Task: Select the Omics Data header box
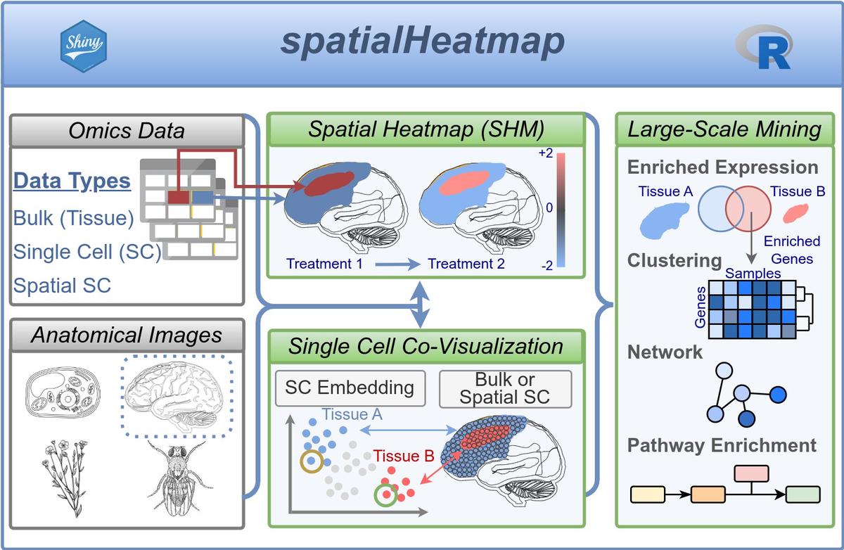tap(127, 131)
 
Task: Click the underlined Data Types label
tap(72, 181)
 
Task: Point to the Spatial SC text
tap(62, 285)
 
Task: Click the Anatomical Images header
tap(127, 335)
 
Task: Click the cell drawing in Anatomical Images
tap(63, 397)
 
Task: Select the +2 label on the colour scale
tap(545, 153)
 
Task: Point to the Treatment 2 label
tap(466, 264)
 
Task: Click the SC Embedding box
tap(350, 388)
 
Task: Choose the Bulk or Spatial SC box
tap(504, 388)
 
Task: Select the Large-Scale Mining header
tap(724, 129)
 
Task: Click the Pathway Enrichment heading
tap(722, 446)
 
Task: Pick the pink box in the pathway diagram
tap(751, 473)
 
